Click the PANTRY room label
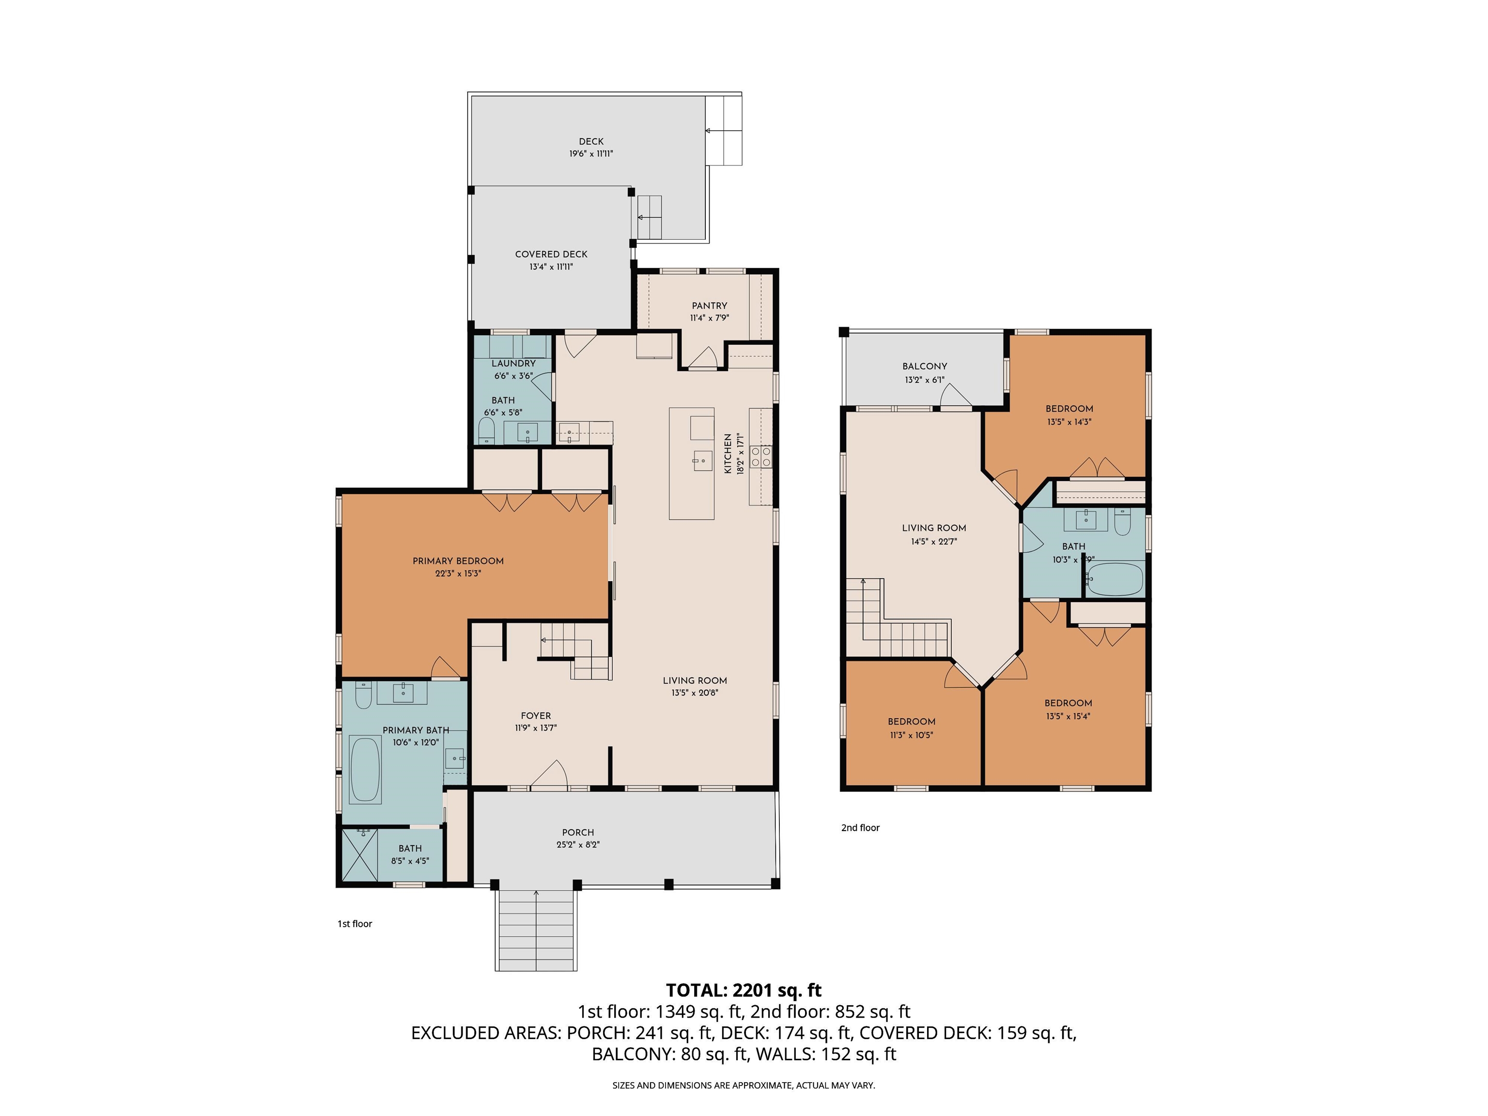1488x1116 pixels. [709, 306]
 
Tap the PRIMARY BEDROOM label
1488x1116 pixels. [458, 561]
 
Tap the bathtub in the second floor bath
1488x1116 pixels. [1114, 580]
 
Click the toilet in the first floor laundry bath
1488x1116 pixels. [486, 431]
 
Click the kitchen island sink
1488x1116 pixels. [702, 460]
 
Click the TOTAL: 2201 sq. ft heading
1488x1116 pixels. [744, 990]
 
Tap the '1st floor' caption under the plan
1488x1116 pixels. [355, 924]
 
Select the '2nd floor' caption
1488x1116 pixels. [860, 827]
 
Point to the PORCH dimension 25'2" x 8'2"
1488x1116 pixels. [578, 844]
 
